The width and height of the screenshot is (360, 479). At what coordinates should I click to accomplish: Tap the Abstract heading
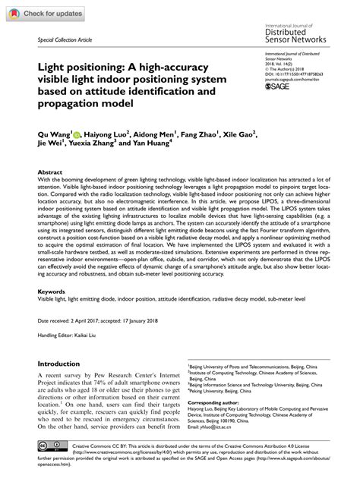[x=50, y=172]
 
